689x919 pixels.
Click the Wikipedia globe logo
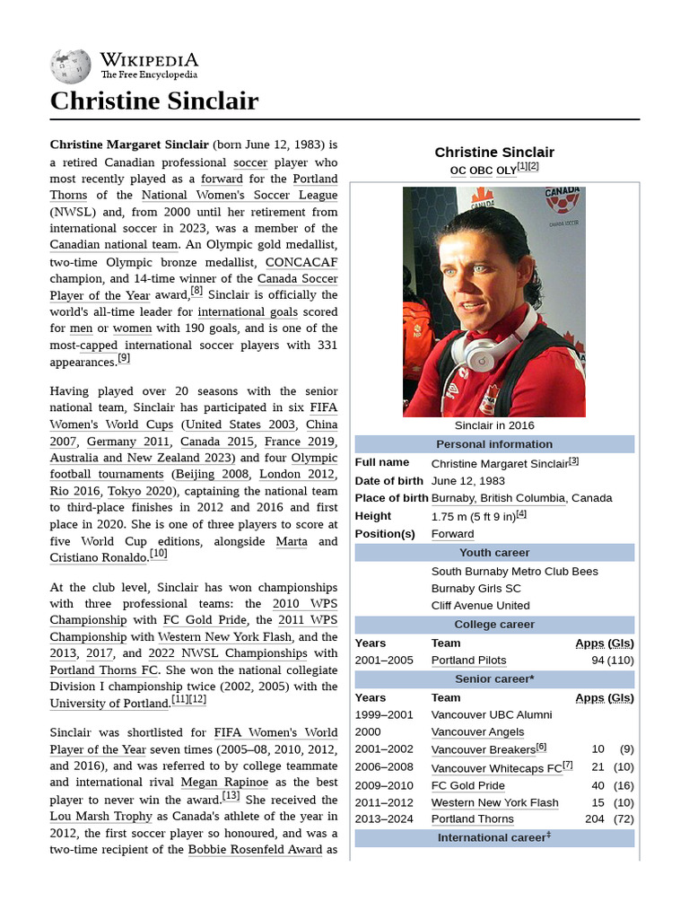click(x=71, y=66)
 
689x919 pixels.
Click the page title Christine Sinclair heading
click(x=153, y=101)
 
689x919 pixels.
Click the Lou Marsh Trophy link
click(x=99, y=817)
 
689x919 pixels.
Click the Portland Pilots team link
click(x=468, y=661)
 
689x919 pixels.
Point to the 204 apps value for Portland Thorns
click(x=594, y=819)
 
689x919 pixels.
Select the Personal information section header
click(x=494, y=444)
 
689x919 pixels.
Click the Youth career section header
click(x=494, y=553)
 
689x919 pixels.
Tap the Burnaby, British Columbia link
click(x=498, y=498)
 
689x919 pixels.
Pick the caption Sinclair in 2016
click(x=493, y=425)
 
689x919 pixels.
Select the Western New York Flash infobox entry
click(x=494, y=802)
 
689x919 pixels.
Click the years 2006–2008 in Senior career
click(x=385, y=768)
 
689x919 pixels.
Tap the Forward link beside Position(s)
click(x=452, y=534)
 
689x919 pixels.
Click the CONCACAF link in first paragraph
click(x=301, y=262)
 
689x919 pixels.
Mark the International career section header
click(x=494, y=837)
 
